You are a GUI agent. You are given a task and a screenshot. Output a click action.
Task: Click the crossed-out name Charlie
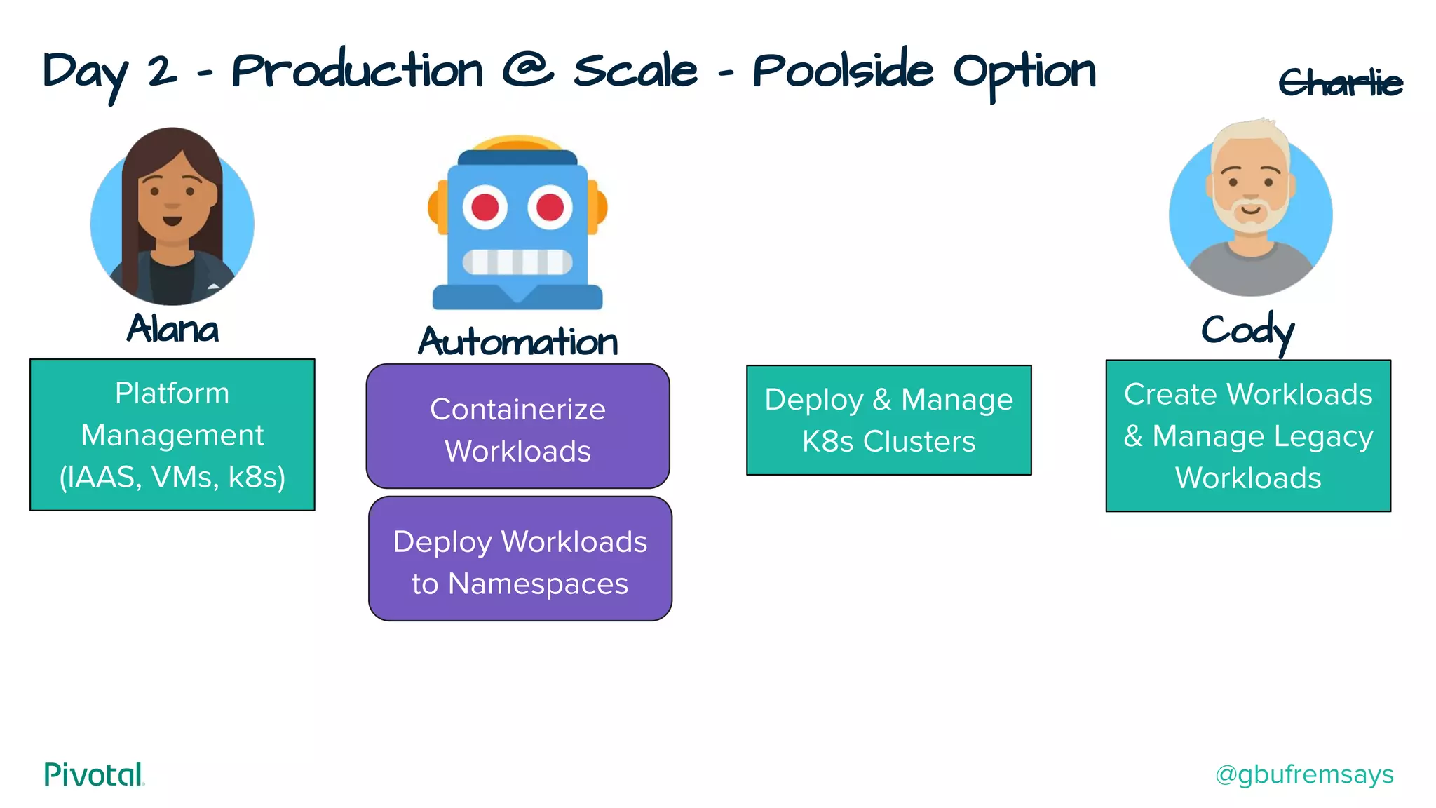1340,83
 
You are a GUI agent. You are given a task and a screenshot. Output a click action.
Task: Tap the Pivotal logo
94,774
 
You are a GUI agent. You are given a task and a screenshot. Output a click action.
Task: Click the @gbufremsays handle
1304,774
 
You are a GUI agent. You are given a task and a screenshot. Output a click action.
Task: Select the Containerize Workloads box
517,426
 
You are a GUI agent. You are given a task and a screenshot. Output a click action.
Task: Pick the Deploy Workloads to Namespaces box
520,559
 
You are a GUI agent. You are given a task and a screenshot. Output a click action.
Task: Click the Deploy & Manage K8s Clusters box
888,420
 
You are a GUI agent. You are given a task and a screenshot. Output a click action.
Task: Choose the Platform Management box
172,435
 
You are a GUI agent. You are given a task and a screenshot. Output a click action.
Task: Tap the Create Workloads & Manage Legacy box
1248,436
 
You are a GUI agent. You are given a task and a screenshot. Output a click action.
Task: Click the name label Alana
172,328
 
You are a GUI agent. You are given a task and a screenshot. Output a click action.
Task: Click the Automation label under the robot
517,342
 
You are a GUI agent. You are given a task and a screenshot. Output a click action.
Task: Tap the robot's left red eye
485,208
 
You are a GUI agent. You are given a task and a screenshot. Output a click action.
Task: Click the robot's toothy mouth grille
517,262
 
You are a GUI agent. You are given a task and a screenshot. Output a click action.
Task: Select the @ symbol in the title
528,71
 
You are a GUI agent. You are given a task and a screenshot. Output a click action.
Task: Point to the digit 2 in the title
163,72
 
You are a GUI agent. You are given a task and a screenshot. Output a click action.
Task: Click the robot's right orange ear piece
597,208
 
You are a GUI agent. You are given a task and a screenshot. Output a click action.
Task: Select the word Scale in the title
635,71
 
